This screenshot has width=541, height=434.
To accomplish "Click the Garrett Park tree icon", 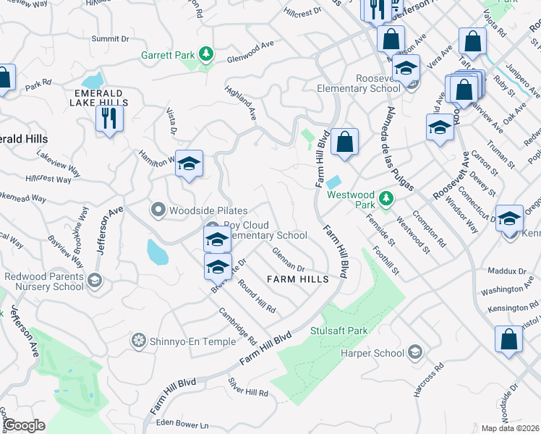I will coord(206,54).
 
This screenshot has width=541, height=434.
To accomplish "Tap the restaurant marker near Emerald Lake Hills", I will coord(109,118).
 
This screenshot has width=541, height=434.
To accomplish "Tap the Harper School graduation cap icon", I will coord(414,352).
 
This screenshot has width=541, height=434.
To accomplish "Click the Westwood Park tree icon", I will coord(386,197).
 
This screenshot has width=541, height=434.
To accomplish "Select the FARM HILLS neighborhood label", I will coord(298,278).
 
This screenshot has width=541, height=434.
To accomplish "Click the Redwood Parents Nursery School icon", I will coord(94,281).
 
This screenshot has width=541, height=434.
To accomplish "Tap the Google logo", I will coord(24,425).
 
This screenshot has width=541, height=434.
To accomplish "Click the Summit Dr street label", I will coord(111,38).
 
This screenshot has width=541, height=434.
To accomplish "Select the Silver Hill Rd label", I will coord(248,387).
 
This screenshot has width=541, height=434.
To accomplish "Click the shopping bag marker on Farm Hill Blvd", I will coord(345,142).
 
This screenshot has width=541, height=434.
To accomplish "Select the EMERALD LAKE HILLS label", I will coord(101,98).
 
